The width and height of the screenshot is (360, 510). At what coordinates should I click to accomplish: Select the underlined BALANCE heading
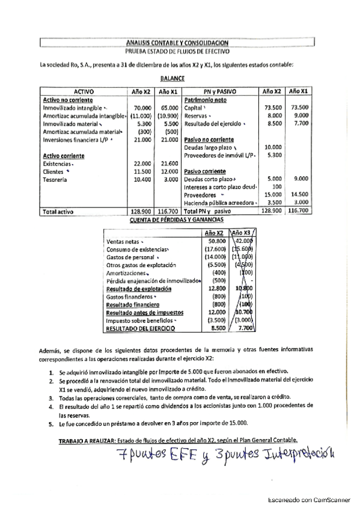(172, 78)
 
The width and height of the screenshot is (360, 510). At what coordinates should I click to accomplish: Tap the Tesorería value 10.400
(141, 179)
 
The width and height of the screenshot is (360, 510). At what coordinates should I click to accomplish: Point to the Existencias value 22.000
(141, 164)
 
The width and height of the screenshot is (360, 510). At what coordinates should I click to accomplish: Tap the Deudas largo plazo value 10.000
(273, 147)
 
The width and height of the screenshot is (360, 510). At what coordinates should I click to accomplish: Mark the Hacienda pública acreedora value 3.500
(273, 203)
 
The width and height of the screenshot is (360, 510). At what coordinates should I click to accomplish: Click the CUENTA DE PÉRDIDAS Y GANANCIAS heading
(178, 220)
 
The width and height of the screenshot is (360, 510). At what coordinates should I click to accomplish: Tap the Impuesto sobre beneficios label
(140, 321)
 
